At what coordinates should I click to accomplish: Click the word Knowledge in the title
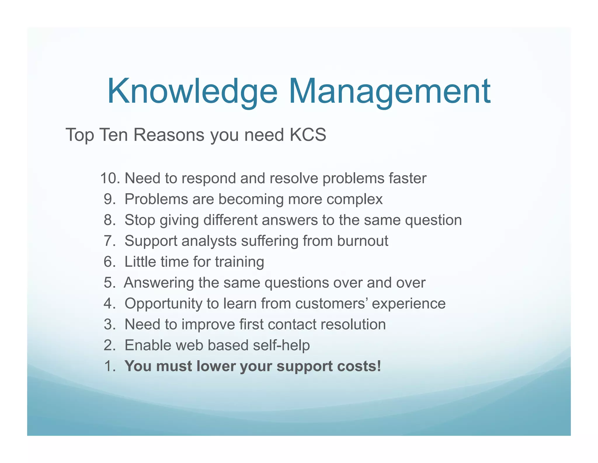pos(192,92)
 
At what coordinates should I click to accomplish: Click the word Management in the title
pos(390,92)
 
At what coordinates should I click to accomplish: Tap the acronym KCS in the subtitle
pos(308,135)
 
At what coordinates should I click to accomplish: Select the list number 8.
pos(109,220)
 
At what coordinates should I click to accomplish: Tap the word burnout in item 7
pos(362,241)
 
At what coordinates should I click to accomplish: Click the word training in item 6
pos(239,262)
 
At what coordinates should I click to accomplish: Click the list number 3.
pos(109,324)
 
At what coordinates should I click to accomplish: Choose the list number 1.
pos(109,366)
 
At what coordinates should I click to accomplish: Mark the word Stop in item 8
pos(140,220)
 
